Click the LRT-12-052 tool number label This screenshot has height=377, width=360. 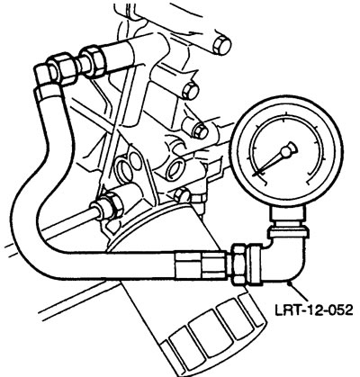(x=313, y=310)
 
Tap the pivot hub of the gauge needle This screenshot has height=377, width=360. (x=290, y=148)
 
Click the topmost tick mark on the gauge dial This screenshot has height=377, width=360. (x=284, y=121)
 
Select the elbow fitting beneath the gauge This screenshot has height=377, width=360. (x=286, y=258)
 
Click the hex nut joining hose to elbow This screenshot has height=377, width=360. (x=239, y=264)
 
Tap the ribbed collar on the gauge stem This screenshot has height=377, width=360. (x=287, y=232)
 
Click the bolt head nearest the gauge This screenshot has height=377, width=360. (x=200, y=131)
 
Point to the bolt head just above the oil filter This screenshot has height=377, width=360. (x=183, y=195)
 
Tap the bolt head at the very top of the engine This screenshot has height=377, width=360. (x=222, y=46)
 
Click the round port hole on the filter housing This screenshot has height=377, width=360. (x=175, y=168)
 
